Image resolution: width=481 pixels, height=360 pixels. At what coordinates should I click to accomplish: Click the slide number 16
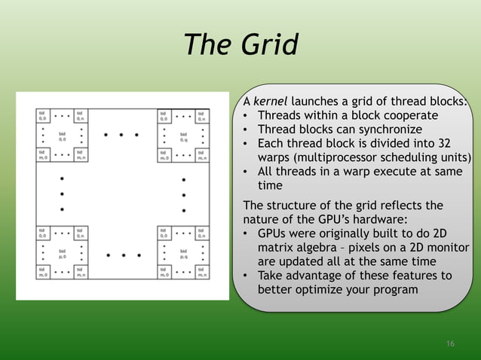tap(450, 344)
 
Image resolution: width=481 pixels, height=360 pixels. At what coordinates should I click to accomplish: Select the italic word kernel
tap(271, 102)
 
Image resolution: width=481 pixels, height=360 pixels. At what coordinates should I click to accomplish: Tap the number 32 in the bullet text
tap(444, 144)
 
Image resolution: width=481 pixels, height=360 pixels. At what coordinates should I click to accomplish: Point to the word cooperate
tap(402, 116)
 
